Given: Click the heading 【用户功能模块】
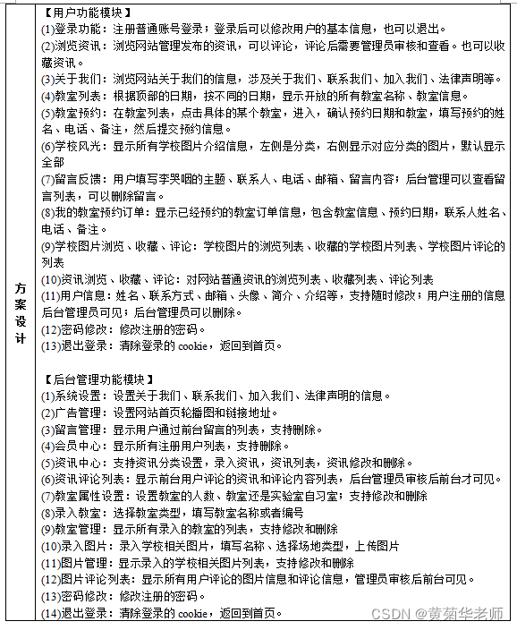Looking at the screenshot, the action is click(87, 13).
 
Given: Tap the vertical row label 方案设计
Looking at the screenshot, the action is click(20, 313).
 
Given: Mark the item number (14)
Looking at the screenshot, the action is click(50, 613).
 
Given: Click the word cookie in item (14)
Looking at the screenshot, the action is click(192, 613).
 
